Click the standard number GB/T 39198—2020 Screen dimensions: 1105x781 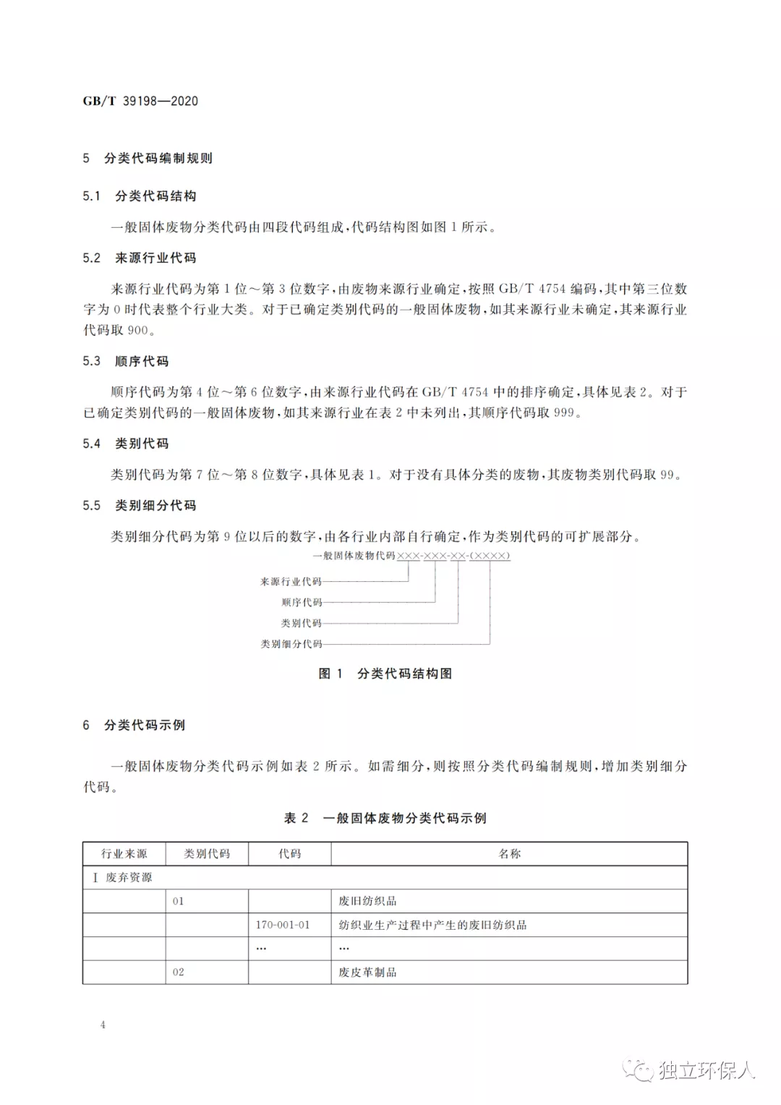[x=140, y=101]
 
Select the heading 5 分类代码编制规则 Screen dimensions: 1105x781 [x=148, y=158]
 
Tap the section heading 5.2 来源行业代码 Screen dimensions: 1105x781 [x=140, y=258]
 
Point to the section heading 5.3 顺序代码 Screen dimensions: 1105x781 [x=126, y=361]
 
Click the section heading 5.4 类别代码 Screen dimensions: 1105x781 [x=126, y=444]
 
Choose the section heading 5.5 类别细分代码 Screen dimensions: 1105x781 [x=140, y=506]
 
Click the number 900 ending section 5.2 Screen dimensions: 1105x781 [x=137, y=331]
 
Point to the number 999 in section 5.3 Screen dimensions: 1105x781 [x=564, y=413]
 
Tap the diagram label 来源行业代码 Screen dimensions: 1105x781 [x=291, y=582]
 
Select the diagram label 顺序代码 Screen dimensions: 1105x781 [x=302, y=603]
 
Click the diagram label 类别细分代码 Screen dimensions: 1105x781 [x=291, y=644]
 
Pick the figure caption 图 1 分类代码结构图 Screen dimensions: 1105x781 [x=385, y=674]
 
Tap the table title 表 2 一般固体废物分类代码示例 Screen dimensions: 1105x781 [x=385, y=818]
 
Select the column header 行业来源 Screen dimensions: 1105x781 [x=124, y=854]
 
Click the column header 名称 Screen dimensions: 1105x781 [x=510, y=854]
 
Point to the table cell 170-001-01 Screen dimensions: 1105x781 [x=283, y=925]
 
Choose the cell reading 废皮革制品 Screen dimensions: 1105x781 [x=368, y=973]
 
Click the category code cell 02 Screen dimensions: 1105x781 [x=179, y=973]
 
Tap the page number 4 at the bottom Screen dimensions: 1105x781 [x=103, y=1025]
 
